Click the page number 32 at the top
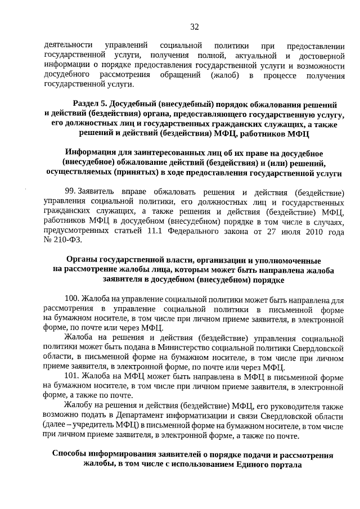click(194, 26)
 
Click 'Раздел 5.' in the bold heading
click(91, 105)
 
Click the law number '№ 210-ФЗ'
click(62, 240)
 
